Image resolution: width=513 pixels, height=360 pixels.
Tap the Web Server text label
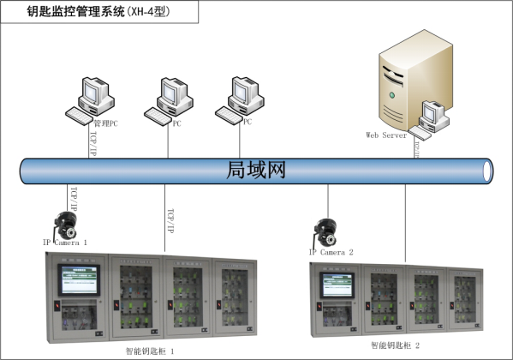coord(387,135)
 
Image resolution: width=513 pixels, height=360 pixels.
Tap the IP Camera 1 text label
coord(65,243)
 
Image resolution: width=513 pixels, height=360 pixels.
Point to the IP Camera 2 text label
coord(331,252)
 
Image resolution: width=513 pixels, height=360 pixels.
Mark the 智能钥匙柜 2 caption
coord(395,345)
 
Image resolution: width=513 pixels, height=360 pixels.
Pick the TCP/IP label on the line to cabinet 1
coord(169,219)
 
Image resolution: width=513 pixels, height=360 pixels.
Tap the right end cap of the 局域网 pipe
coord(488,171)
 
